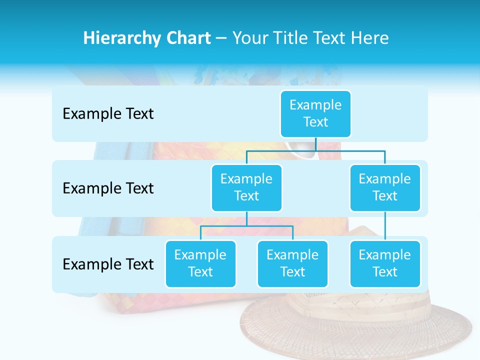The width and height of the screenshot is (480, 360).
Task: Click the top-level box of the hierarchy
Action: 315,113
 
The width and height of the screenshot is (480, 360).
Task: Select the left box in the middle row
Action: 246,187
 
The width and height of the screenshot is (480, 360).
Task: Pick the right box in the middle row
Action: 385,187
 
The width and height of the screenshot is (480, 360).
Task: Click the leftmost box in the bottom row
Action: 200,263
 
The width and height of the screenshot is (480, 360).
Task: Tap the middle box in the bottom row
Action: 292,263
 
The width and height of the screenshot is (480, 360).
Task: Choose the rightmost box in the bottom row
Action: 385,263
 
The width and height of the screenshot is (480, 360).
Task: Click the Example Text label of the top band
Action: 108,114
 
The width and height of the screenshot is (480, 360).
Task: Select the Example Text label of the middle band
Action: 108,188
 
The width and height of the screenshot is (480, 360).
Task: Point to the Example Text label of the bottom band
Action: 108,264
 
